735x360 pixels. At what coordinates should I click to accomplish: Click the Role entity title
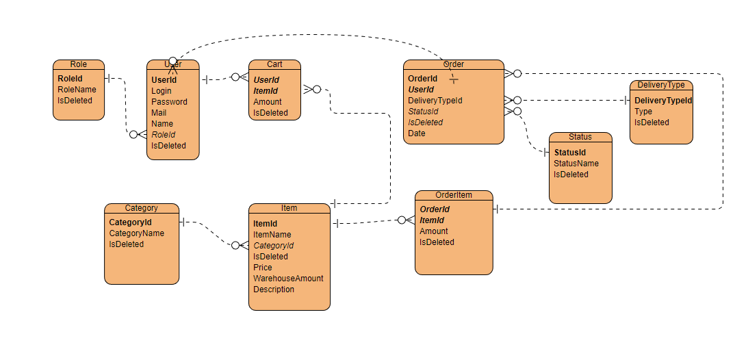78,64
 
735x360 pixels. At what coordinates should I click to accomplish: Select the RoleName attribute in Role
77,90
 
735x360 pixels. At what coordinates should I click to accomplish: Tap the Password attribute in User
169,102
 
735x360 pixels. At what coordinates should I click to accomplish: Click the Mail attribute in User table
159,113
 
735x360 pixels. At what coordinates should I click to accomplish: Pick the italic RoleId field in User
164,135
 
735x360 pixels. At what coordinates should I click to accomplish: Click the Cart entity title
274,64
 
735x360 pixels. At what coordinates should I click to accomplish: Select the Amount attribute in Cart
268,102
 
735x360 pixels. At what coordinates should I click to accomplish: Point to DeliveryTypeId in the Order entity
435,101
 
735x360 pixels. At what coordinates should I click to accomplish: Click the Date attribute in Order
416,133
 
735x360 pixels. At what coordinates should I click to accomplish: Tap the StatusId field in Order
423,112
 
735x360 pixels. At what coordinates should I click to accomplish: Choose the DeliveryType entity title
661,85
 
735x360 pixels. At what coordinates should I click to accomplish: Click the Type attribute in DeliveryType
643,112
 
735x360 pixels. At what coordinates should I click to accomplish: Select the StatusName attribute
576,164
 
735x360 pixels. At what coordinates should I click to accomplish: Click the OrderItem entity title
454,195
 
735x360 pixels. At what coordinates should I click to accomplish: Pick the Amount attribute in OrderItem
434,231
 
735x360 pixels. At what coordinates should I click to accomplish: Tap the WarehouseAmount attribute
288,279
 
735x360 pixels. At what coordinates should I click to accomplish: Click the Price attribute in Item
263,268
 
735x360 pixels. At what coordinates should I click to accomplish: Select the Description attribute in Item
274,290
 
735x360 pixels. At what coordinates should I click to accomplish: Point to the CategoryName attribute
136,233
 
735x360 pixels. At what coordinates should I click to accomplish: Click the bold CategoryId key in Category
130,222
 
